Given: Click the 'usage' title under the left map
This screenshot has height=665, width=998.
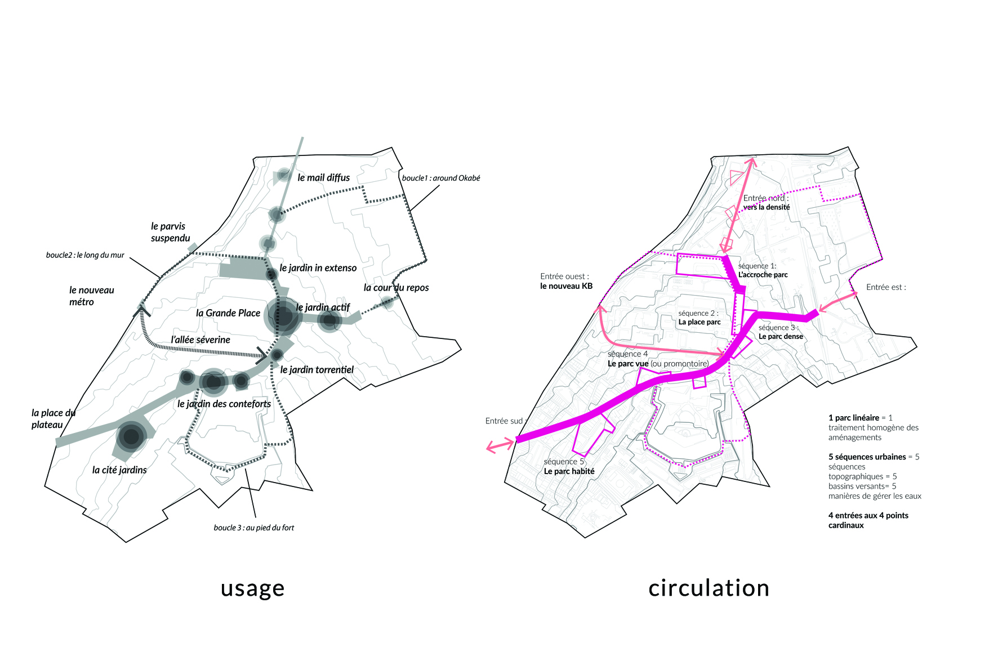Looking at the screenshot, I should tap(252, 588).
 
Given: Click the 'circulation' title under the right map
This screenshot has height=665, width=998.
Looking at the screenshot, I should tap(709, 588).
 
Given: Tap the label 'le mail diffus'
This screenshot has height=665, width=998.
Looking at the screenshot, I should tap(323, 177).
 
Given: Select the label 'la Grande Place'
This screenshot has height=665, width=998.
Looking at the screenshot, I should tap(228, 313).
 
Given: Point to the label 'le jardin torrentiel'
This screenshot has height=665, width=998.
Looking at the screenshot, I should tap(317, 369).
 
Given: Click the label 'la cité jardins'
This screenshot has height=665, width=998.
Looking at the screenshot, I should tap(119, 470).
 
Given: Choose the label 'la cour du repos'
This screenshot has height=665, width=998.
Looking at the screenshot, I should tap(396, 287).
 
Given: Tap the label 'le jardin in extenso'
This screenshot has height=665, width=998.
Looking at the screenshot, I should tap(318, 267).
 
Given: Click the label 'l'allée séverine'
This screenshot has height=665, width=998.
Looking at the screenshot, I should tap(201, 340).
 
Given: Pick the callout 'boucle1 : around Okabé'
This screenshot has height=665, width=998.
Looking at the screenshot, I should tap(441, 178).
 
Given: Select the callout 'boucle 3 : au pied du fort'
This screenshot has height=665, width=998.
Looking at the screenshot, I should tap(253, 528).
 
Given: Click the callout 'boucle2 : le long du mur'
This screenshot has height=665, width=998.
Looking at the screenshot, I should tap(85, 255).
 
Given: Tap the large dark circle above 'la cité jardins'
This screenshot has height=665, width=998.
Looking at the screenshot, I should tap(131, 436).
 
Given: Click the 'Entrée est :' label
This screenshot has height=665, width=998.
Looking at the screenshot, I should tap(886, 287).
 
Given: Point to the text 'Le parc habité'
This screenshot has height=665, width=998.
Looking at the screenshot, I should tap(569, 471).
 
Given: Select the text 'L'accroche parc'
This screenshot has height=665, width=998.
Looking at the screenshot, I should tap(763, 275).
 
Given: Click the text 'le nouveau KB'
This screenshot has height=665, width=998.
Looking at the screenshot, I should tap(566, 286).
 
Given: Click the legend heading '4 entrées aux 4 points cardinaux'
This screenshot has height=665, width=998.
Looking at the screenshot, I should tap(868, 520).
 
